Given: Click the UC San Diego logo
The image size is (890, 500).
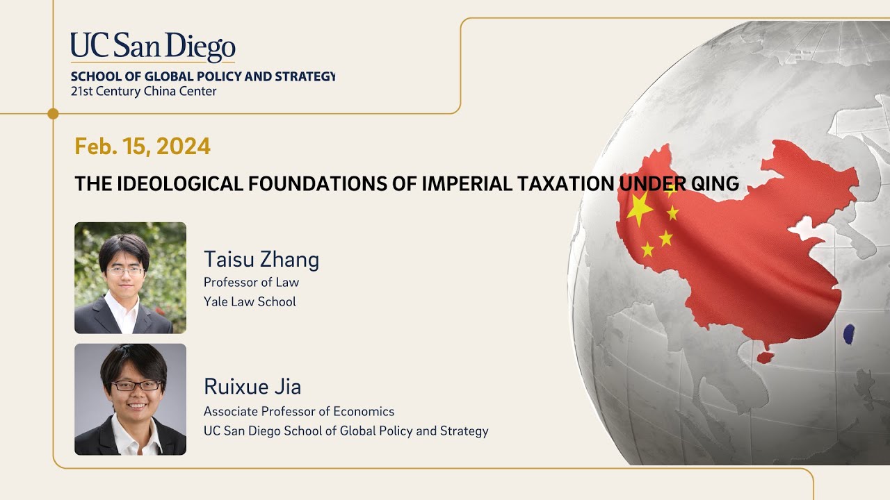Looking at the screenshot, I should (x=153, y=47).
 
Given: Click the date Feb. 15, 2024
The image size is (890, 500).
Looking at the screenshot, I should (x=143, y=147).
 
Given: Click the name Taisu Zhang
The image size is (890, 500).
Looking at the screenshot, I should (x=261, y=259).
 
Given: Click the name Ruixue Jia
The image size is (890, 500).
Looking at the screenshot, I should (x=252, y=386).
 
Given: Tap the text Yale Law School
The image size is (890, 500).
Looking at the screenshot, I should (x=250, y=301).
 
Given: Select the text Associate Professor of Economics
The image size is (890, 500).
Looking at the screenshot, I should (x=299, y=411).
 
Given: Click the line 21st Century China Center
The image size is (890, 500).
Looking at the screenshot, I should (x=143, y=91).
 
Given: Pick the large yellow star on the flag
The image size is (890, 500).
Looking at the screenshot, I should (x=640, y=208).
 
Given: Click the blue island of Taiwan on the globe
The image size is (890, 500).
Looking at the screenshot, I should (x=848, y=334).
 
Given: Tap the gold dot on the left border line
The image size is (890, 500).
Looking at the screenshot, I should (x=53, y=113).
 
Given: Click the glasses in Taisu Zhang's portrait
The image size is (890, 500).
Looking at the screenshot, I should (x=126, y=271).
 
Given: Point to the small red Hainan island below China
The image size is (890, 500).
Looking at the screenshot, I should (x=765, y=358).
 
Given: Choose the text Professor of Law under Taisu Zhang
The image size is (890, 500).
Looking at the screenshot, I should (x=251, y=282).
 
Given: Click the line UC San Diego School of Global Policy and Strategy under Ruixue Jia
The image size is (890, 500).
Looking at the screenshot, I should (x=346, y=431).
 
